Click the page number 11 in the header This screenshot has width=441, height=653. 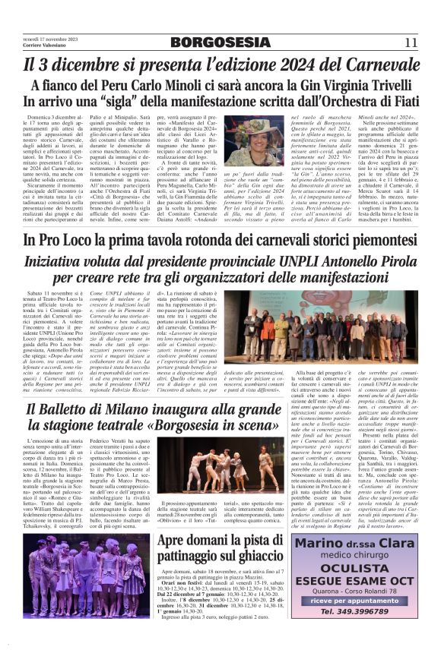point(410,42)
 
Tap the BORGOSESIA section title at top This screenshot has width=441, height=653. point(220,42)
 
